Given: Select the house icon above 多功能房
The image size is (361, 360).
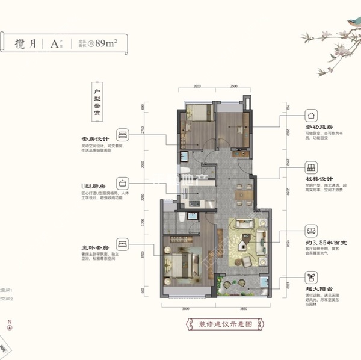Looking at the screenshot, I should point(311,115).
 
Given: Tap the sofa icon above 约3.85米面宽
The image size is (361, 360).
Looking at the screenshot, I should point(311,231).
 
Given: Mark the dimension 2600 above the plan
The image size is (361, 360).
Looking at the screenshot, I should point(197,87).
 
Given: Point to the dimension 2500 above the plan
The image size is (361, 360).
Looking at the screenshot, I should point(234,87).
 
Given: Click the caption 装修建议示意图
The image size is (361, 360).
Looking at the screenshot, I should point(218,326).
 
